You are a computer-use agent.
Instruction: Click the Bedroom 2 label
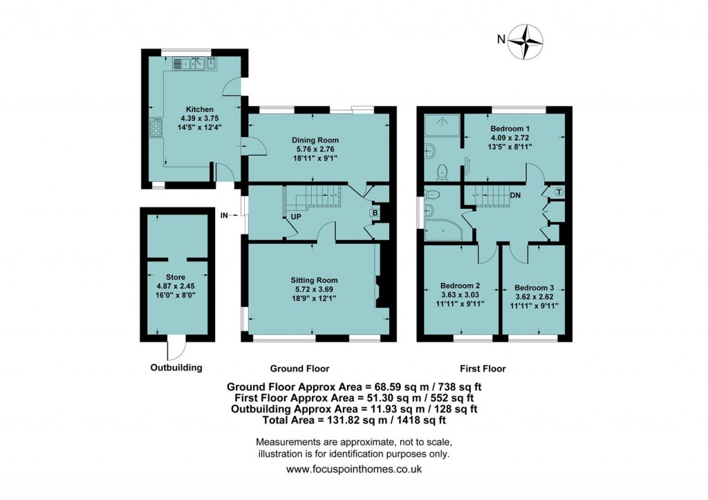point(460,286)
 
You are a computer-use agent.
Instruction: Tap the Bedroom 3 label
point(534,286)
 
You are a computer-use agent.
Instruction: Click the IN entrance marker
point(223,216)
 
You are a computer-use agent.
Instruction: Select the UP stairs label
point(295,216)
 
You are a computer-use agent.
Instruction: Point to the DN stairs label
point(515,196)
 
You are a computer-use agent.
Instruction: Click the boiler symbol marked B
point(375,213)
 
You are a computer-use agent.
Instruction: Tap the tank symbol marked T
point(559,192)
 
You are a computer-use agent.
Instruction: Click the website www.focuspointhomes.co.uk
point(353,469)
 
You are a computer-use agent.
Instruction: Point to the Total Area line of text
point(353,420)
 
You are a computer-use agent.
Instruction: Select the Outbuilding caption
point(176,367)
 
